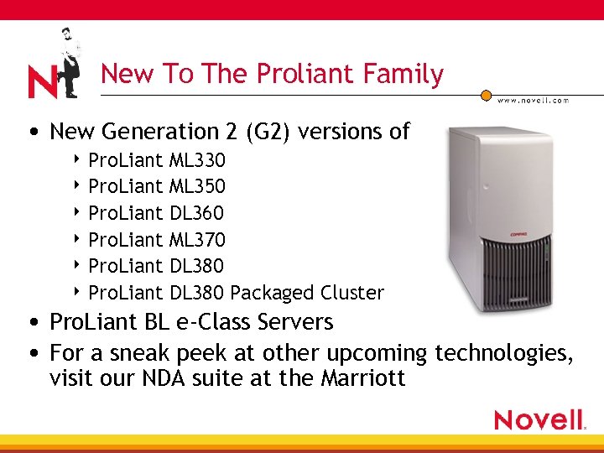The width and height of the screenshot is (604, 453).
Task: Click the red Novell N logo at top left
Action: tap(42, 81)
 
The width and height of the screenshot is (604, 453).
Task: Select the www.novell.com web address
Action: tap(534, 100)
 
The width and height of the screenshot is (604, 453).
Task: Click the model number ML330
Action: tap(196, 159)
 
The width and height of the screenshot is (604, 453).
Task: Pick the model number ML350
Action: tap(196, 186)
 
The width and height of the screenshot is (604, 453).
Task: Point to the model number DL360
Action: tap(196, 213)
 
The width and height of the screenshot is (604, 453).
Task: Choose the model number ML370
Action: tap(196, 240)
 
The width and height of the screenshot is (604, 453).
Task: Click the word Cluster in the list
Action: tap(351, 293)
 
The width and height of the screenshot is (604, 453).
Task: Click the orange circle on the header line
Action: tap(485, 95)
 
